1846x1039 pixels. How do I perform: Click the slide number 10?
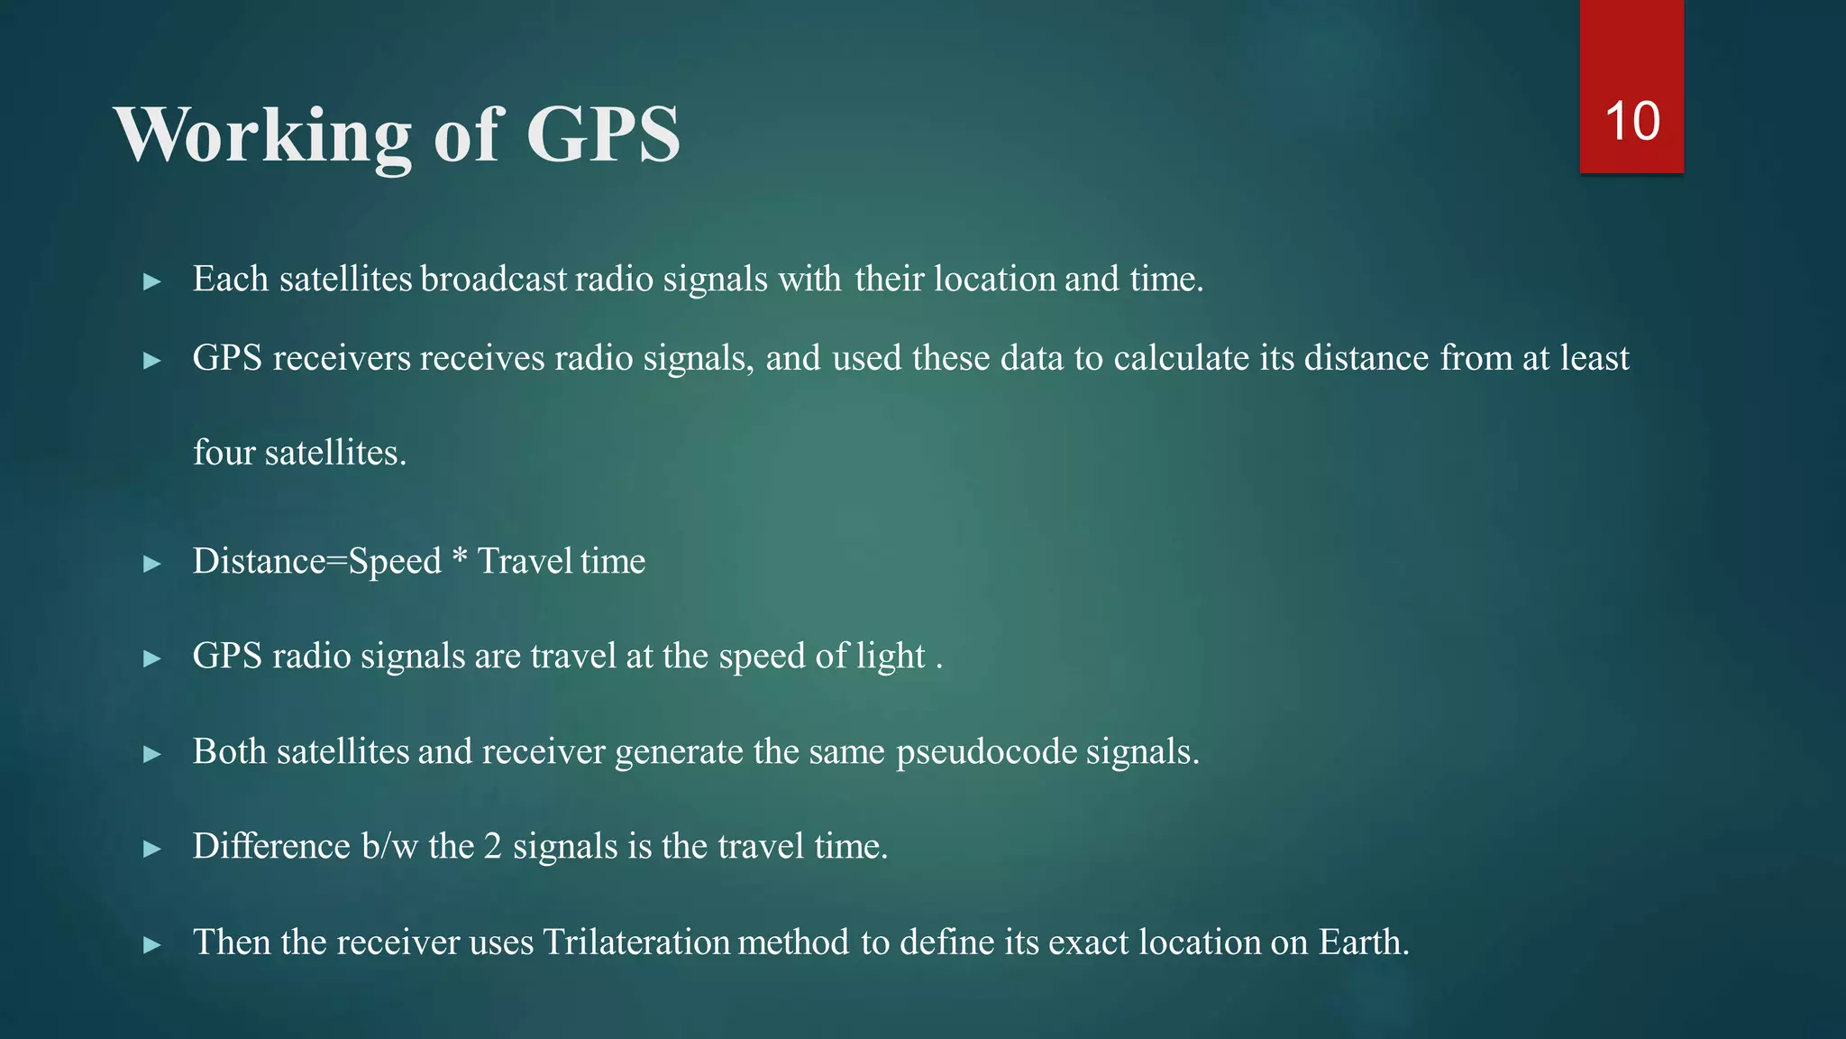(1632, 121)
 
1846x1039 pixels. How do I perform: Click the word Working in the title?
(262, 135)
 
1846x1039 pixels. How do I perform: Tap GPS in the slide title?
(603, 135)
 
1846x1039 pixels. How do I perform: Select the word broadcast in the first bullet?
(494, 279)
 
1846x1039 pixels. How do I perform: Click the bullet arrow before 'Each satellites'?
(152, 281)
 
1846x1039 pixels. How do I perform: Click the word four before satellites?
(224, 452)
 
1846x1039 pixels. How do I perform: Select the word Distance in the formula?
(259, 561)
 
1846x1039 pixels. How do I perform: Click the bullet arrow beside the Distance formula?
(152, 565)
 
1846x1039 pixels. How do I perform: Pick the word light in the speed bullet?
(891, 656)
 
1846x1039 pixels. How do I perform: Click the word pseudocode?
(986, 752)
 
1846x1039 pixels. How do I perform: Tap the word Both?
(230, 751)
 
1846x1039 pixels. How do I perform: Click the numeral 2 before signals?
(492, 846)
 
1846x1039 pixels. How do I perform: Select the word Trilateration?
(636, 942)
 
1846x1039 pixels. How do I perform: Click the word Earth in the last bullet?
(1363, 942)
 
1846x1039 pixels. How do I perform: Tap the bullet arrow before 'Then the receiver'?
(152, 945)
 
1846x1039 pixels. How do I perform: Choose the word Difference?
(271, 846)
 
